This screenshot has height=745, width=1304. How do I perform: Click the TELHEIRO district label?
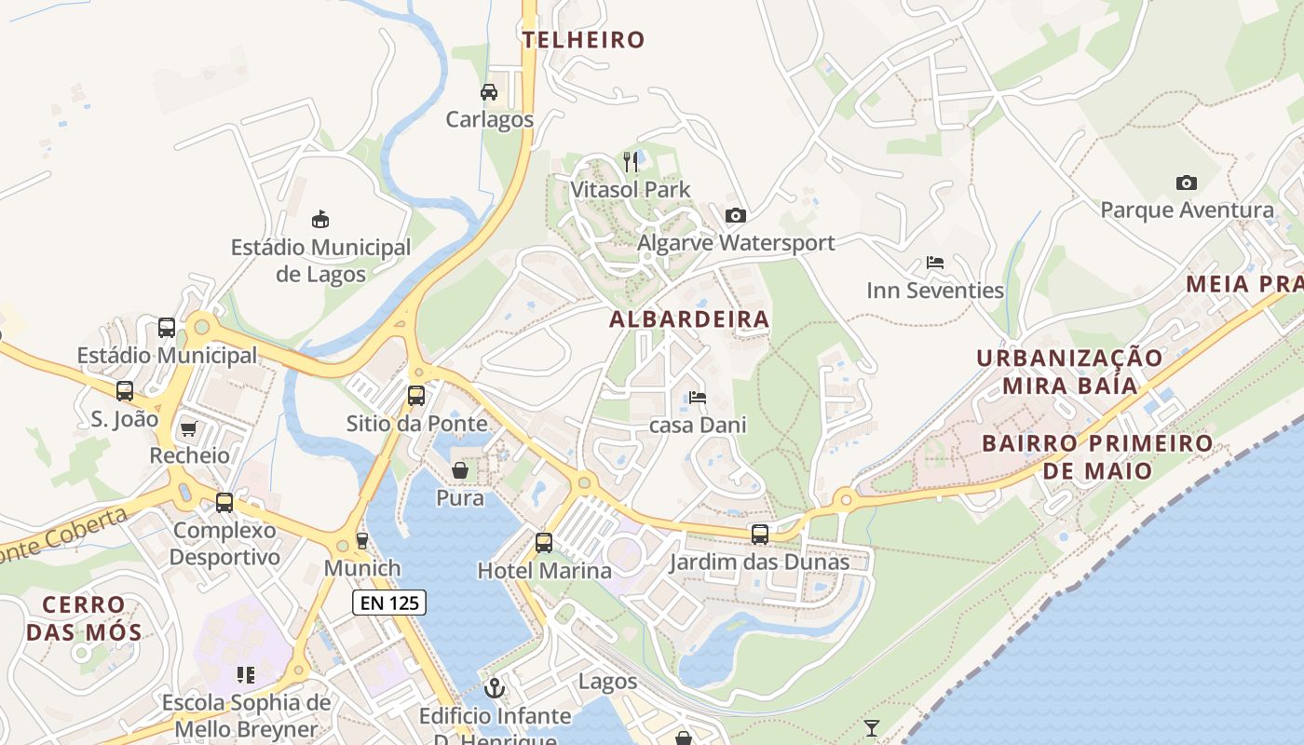pos(583,39)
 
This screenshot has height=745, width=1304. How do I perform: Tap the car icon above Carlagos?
pos(489,92)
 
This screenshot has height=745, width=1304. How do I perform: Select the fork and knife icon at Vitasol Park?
pos(631,162)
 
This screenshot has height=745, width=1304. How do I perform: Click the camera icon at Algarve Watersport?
pos(736,215)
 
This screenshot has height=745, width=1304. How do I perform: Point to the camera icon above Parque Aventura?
pos(1186,183)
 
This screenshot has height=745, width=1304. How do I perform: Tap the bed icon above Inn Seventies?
pos(935,263)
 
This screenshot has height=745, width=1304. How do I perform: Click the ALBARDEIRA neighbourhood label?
pos(689,319)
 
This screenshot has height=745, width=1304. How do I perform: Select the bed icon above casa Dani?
pos(698,398)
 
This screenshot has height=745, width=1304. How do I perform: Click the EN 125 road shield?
pos(390,603)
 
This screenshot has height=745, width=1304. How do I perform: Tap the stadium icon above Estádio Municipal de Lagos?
pos(320,220)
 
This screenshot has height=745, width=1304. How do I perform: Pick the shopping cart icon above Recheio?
pos(189,428)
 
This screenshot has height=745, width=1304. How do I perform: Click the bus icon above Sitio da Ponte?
pos(416,396)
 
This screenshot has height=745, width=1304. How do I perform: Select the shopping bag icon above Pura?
pos(460,470)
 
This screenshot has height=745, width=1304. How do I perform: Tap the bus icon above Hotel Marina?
pos(544,542)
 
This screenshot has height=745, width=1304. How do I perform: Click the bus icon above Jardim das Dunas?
pos(760,535)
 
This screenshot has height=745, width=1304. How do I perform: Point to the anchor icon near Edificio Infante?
pos(496,688)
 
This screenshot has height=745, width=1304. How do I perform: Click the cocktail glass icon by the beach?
pos(872,727)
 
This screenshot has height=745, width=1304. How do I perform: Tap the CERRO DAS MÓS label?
pos(84,618)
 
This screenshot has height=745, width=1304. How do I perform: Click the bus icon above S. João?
pos(125,391)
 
